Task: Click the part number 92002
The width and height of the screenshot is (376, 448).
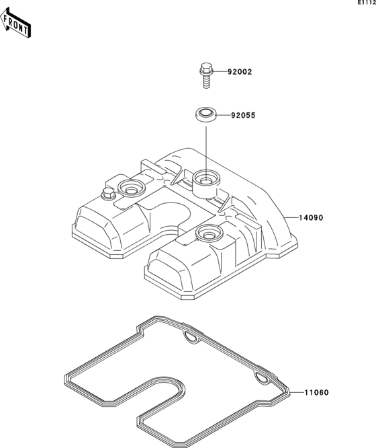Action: pos(240,72)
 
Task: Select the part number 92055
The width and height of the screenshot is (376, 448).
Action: pos(243,116)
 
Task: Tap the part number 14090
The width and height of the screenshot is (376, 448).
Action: pos(311,218)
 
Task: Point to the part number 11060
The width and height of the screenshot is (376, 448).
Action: pos(317,393)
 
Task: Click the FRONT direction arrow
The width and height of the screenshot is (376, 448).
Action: pos(15,24)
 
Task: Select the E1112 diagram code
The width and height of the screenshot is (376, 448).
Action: pos(367,3)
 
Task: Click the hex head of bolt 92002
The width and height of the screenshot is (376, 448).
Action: pos(205,69)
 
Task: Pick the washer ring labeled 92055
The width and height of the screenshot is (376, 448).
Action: pos(205,115)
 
